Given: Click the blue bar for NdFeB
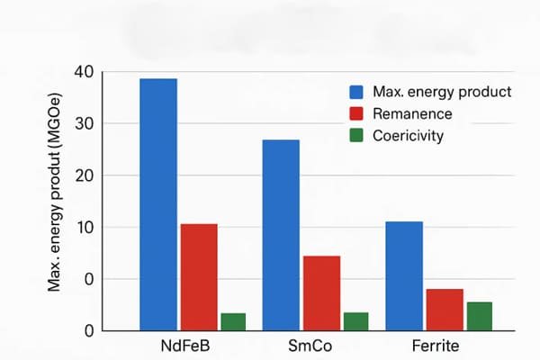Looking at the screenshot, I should tap(158, 204).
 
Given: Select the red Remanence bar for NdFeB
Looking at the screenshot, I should tap(199, 276).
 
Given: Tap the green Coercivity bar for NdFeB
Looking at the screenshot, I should tap(233, 321).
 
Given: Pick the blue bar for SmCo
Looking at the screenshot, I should tap(281, 235).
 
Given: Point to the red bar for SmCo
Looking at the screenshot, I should tap(321, 292).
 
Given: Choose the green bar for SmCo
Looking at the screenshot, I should tap(355, 321).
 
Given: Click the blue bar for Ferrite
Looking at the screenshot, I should tap(405, 275).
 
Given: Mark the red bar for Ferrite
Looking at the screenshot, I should tap(445, 309).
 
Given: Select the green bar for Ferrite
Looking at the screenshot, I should tap(479, 316).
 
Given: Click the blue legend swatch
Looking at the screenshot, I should tap(355, 92).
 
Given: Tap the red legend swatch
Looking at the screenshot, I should tap(355, 114).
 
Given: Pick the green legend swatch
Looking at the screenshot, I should tap(355, 137).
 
